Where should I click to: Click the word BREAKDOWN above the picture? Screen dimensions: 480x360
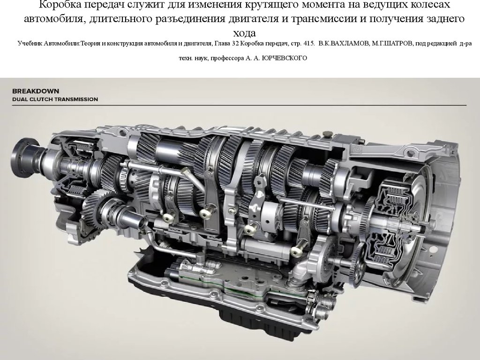(36, 91)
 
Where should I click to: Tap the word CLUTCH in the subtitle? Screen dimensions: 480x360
(42, 99)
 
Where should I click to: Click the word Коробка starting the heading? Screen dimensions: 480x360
(58, 5)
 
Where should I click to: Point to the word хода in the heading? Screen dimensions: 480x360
(244, 32)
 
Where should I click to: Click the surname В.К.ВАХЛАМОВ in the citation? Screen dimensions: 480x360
(344, 44)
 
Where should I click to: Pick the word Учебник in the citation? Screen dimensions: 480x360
(30, 44)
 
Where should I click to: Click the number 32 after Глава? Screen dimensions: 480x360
(236, 44)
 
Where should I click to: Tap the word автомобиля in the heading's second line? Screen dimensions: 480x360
(53, 19)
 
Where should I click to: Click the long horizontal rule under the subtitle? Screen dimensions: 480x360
(240, 105)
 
